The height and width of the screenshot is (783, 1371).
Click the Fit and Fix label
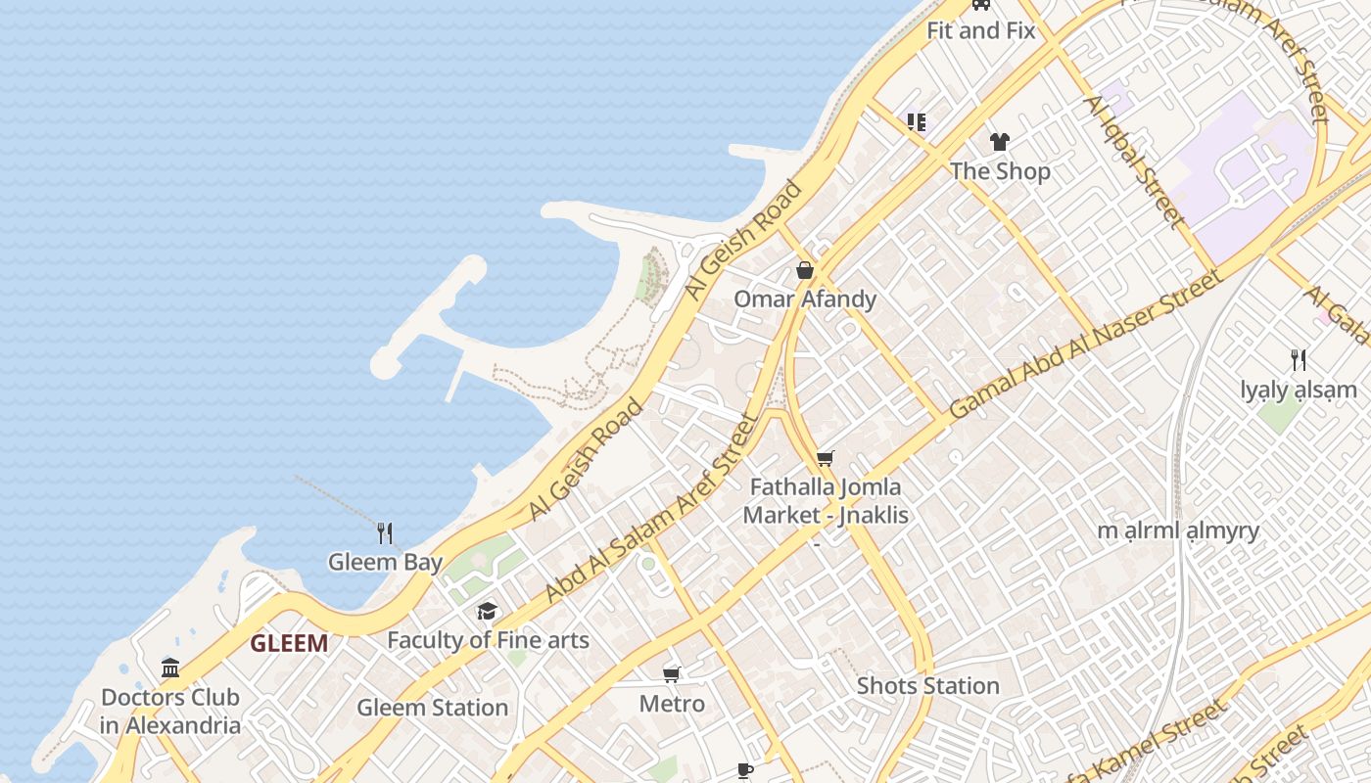980,30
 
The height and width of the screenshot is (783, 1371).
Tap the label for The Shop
1000,171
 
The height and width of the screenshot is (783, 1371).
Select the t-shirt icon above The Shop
999,142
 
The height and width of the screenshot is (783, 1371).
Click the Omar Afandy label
805,299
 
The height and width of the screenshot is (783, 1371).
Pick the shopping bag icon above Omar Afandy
805,270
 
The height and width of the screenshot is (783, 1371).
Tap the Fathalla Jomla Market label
826,500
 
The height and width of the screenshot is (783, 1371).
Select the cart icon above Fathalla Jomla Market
826,458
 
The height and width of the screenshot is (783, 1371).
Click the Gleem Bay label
385,562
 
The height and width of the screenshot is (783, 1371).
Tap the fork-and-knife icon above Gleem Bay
385,533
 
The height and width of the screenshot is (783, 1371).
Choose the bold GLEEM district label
289,643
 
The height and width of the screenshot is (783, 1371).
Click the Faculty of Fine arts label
488,640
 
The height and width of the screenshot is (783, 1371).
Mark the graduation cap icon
487,612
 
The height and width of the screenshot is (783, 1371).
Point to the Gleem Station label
432,707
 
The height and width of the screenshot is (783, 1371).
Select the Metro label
672,703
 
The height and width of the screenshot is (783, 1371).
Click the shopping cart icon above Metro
672,674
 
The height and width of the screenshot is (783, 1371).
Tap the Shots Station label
927,685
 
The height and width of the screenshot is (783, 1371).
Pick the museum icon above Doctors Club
170,668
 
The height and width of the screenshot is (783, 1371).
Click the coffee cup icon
745,771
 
